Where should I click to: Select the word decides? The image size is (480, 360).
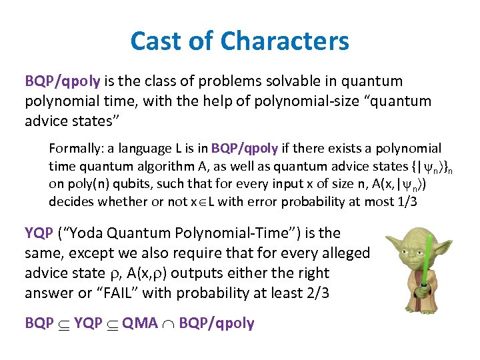[x=69, y=201]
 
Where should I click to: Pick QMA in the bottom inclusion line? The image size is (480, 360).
[x=140, y=323]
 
